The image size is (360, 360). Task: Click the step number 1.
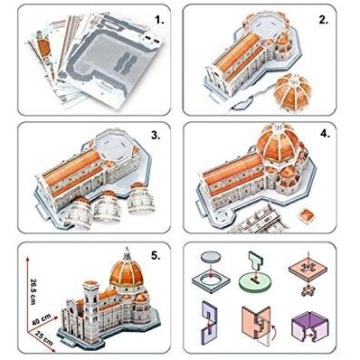coord(159,20)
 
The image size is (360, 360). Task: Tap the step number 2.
coord(323,20)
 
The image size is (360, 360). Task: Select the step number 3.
coord(156,136)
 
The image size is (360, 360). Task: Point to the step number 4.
coord(325,134)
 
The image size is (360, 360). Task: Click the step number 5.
coord(156,256)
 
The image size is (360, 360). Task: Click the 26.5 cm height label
coord(33,291)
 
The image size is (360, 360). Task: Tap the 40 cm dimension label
coord(42,319)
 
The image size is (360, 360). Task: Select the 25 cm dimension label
coord(43,338)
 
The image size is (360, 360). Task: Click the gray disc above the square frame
coord(211,257)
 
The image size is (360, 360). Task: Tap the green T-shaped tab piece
coord(255,261)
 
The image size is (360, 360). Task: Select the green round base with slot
coord(255,282)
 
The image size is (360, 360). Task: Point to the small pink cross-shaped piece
coord(308,290)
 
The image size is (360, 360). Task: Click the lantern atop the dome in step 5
coord(127,254)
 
